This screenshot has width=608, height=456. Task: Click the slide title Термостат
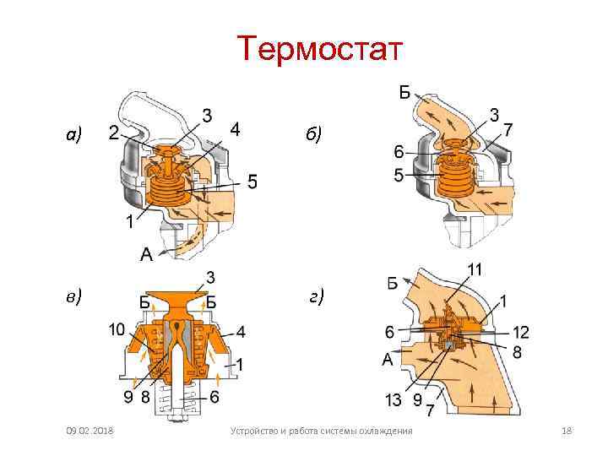click(321, 49)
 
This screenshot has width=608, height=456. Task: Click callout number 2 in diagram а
click(113, 132)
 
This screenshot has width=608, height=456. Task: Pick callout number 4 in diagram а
click(237, 130)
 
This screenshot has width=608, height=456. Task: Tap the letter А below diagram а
click(146, 252)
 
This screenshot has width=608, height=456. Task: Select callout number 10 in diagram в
click(117, 329)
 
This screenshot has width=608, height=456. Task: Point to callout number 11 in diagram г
click(475, 270)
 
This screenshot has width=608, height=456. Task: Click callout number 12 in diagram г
click(520, 332)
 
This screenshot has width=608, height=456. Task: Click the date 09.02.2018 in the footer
click(91, 432)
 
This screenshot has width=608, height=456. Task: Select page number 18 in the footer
click(567, 432)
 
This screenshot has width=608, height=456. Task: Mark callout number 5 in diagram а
click(252, 182)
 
